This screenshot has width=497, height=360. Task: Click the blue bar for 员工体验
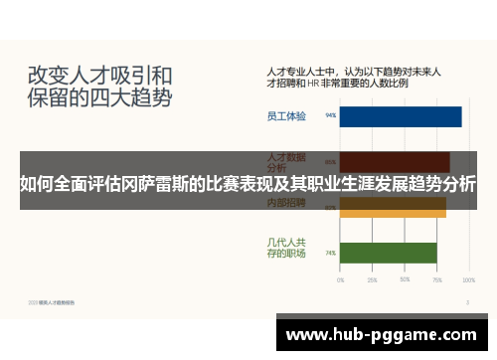401,116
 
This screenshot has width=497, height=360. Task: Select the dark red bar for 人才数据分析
395,161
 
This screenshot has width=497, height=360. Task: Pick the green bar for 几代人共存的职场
388,253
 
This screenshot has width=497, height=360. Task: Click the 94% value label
330,116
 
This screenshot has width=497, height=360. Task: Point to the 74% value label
330,254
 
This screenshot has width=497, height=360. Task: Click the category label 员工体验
286,116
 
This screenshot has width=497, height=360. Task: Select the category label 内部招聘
286,203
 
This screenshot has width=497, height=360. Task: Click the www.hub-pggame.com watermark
384,332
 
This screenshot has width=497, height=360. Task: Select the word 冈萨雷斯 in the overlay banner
166,184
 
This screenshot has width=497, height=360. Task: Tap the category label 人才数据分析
286,158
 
